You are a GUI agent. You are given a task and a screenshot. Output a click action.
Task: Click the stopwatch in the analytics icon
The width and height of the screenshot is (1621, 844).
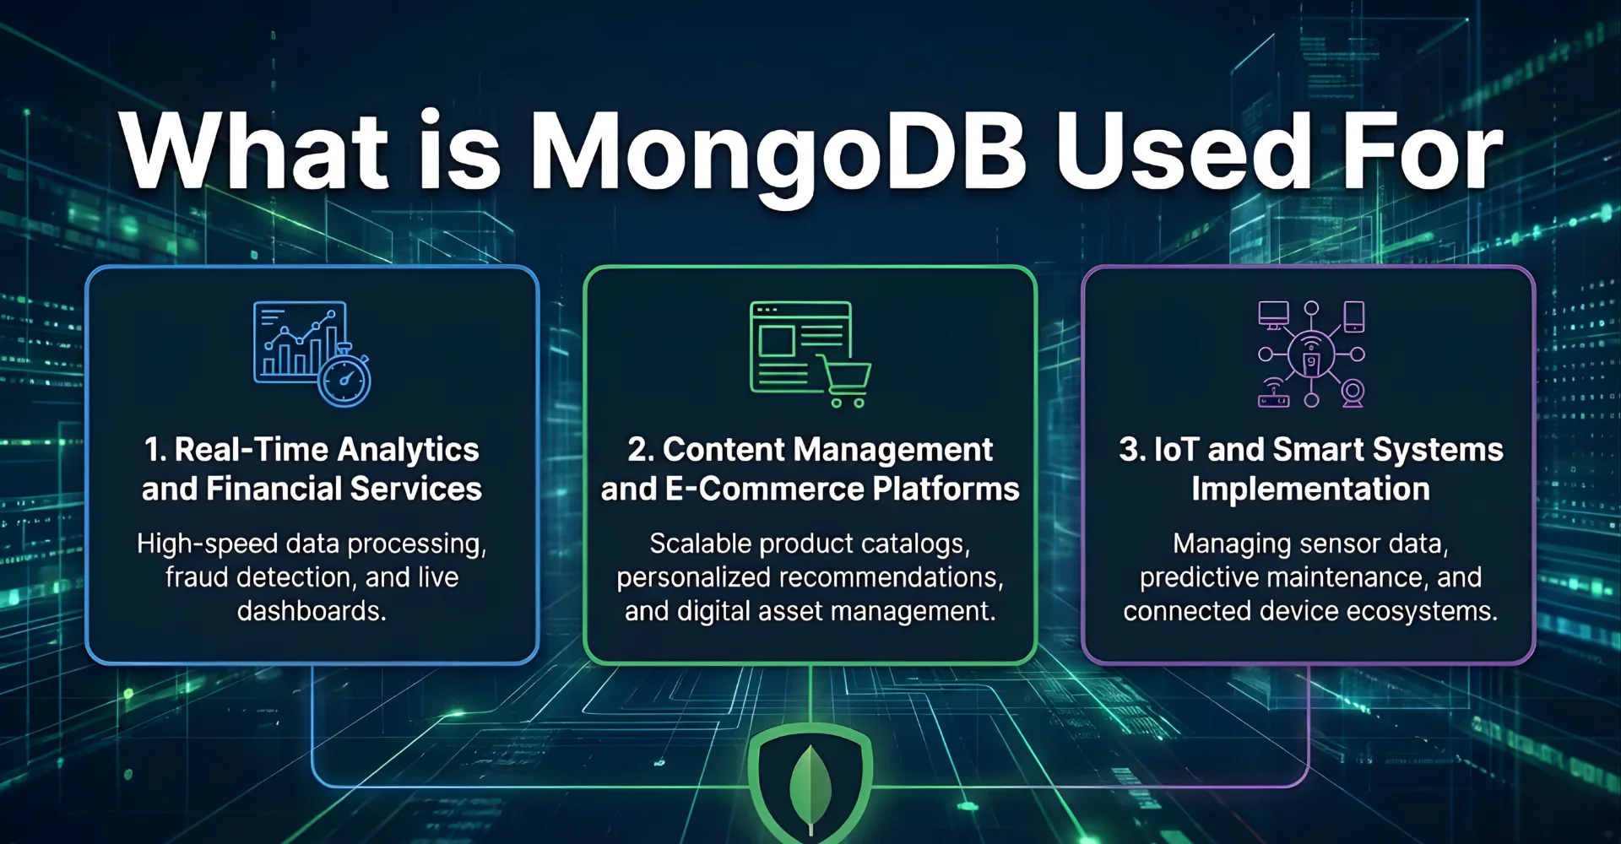pos(344,379)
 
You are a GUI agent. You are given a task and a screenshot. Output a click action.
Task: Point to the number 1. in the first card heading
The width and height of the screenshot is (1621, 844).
pos(155,450)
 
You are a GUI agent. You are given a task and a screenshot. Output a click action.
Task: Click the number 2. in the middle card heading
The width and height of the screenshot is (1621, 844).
pos(640,450)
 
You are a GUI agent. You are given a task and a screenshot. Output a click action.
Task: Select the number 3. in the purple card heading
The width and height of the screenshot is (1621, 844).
pos(1131,450)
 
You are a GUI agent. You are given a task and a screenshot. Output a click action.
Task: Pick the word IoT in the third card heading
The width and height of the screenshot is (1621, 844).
pos(1176,450)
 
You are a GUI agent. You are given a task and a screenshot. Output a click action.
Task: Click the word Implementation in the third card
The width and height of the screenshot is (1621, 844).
pos(1310,490)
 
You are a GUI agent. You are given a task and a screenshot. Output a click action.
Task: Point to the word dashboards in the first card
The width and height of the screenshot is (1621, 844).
pos(312,611)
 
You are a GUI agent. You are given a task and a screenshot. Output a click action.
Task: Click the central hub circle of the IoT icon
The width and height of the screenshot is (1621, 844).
pos(1311,354)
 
